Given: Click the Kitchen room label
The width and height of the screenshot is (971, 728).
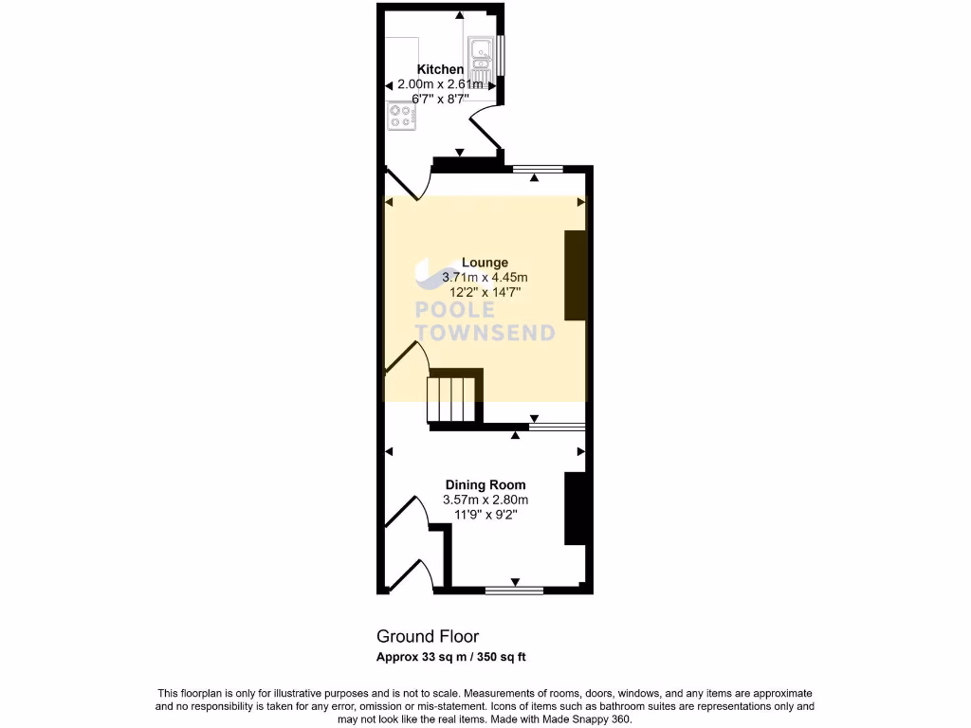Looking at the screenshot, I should click(441, 69).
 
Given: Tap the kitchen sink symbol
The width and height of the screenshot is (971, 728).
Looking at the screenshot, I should click(480, 58).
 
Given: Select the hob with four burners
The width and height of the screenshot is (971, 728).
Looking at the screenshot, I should click(401, 116).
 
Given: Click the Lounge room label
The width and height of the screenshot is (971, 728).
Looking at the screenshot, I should click(485, 263).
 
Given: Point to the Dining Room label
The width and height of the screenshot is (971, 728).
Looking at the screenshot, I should click(485, 484).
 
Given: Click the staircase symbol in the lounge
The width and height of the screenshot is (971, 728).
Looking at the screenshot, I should click(453, 397).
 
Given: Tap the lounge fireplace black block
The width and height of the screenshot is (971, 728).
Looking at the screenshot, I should click(576, 276).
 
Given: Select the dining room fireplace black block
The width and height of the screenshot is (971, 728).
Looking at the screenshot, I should click(576, 508).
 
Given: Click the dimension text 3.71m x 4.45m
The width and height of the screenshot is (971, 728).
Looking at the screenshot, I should click(485, 278).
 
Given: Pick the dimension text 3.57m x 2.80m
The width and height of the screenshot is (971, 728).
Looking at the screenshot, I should click(485, 500).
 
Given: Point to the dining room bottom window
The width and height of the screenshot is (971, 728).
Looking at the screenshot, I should click(514, 591).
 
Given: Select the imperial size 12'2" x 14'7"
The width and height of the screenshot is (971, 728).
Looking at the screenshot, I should click(485, 293).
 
